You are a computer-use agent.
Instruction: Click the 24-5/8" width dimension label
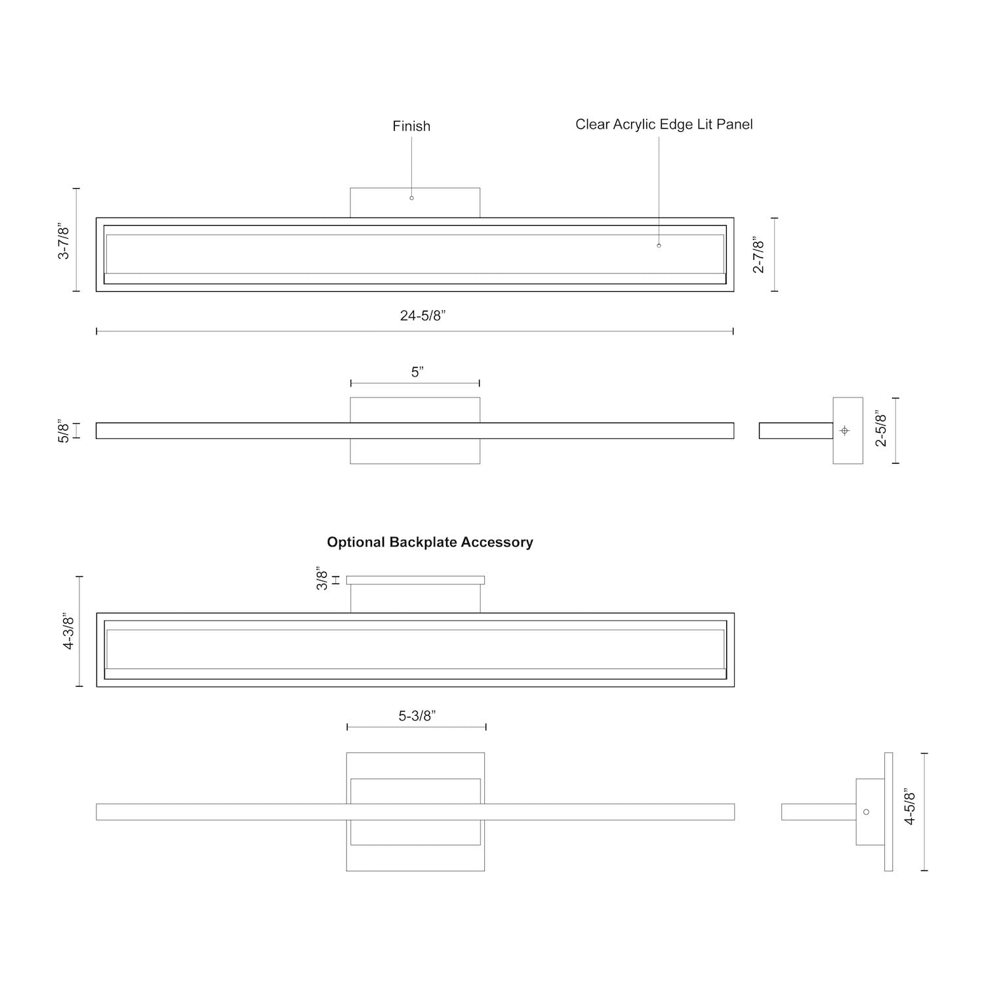point(422,316)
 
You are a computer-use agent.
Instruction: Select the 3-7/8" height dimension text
point(64,241)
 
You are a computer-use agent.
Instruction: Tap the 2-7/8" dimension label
point(758,255)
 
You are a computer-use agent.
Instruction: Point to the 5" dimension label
point(417,372)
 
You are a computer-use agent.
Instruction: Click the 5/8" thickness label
point(64,430)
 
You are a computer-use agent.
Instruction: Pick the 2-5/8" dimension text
point(881,429)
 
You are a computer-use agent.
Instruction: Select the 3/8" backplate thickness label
point(322,579)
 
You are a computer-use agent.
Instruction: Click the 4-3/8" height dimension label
point(69,632)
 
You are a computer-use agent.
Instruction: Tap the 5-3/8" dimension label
point(417,716)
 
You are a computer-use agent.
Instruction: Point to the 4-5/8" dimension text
point(910,806)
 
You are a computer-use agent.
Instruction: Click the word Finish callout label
point(411,126)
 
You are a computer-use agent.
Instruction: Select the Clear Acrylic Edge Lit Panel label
point(664,125)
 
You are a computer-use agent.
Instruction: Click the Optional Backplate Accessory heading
point(430,542)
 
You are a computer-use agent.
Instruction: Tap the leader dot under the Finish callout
point(412,197)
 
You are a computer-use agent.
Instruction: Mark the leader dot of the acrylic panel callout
point(659,245)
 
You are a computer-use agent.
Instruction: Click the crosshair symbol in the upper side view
point(844,430)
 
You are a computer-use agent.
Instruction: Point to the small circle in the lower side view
point(866,811)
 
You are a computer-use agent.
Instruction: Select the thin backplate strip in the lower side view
point(888,811)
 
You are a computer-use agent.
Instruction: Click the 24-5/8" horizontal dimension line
point(262,331)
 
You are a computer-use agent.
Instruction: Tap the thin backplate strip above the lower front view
point(415,580)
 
